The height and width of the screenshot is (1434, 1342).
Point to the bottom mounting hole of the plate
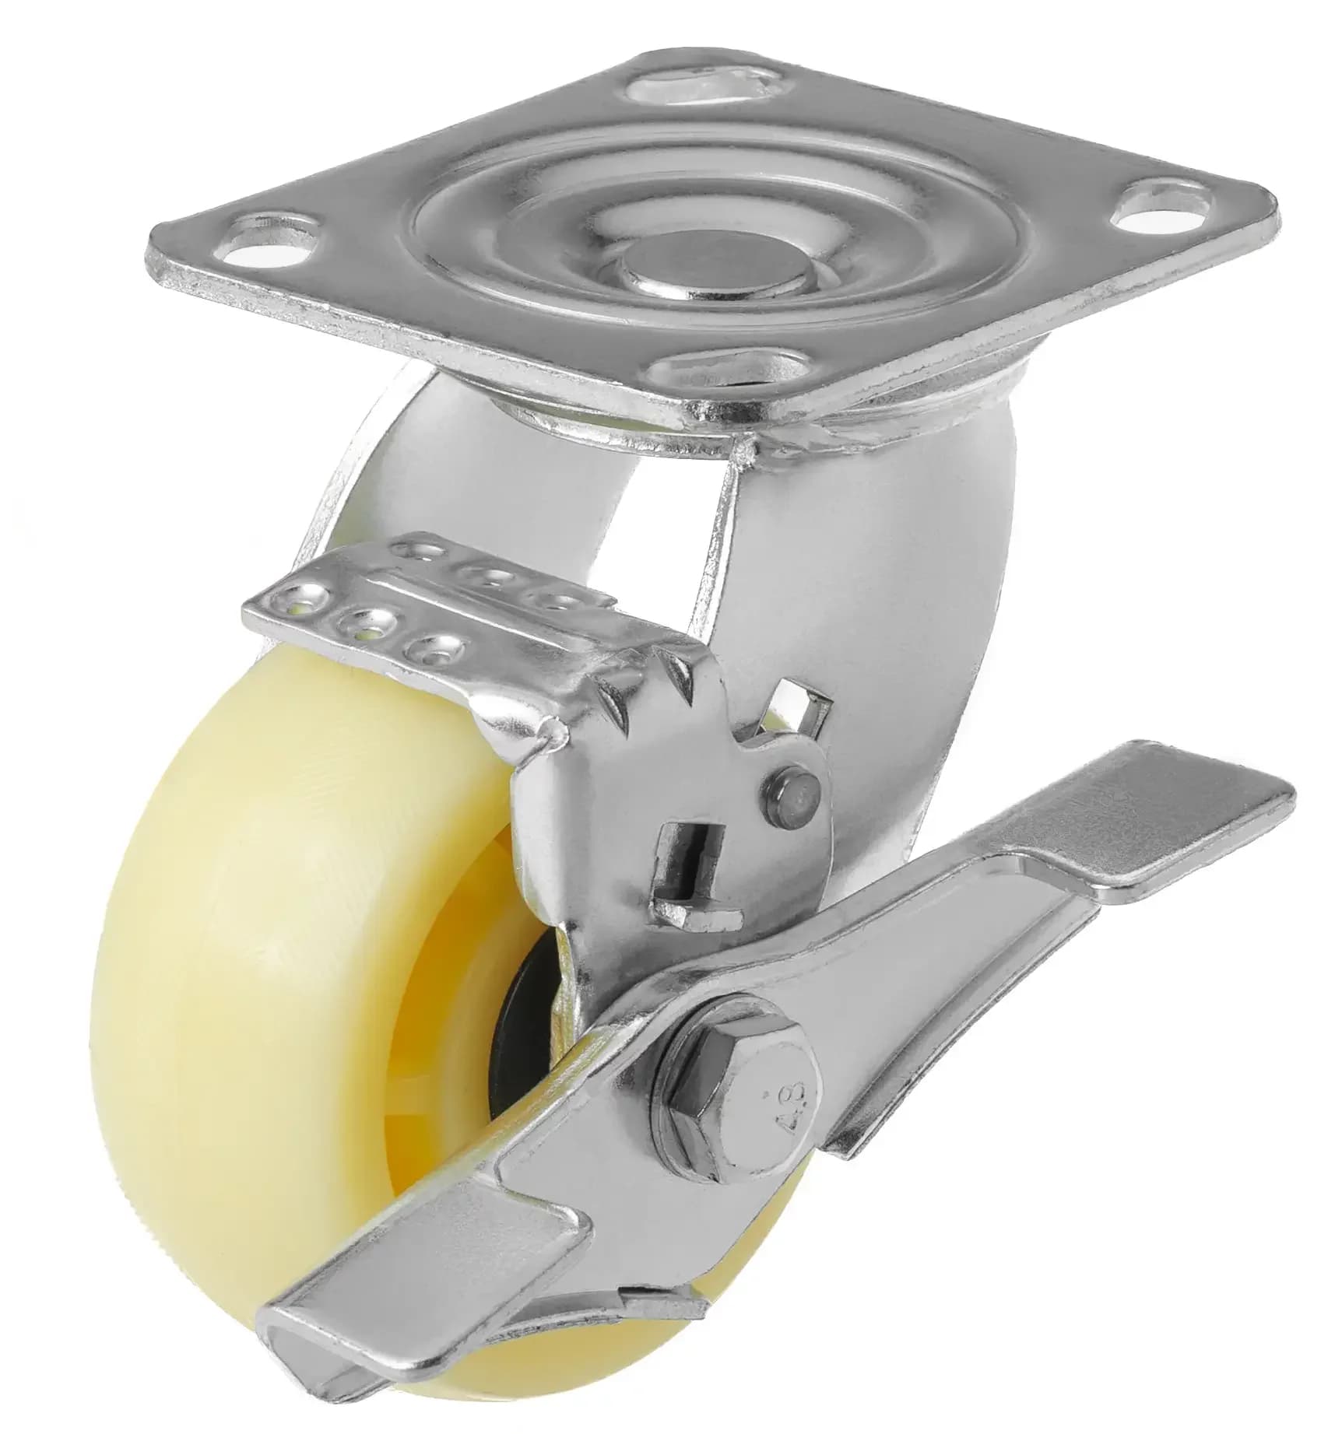tap(728, 367)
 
